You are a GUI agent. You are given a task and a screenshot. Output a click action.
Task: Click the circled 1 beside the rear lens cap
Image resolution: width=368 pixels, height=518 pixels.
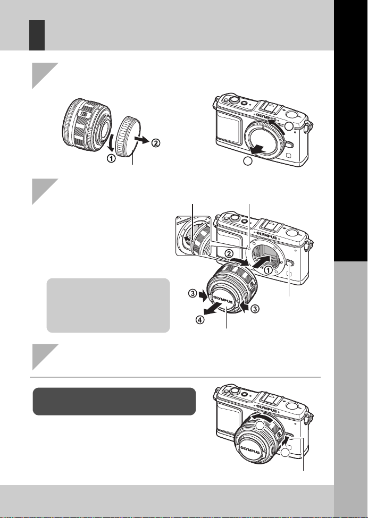coord(111,158)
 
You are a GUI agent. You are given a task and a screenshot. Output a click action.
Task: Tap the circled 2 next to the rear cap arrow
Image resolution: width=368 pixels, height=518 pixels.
coord(156,143)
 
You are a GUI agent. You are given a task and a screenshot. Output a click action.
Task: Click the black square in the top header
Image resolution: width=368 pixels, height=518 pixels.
coord(37,35)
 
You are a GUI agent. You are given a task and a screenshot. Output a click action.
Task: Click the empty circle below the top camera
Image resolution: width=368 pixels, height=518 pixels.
coord(248,161)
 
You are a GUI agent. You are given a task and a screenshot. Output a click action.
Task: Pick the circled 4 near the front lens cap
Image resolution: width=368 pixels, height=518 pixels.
coord(200,320)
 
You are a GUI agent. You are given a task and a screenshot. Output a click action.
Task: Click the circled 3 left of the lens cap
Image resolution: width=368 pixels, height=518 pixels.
coord(193,293)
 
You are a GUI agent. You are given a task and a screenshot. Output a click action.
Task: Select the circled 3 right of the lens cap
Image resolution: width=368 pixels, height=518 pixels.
coord(255,309)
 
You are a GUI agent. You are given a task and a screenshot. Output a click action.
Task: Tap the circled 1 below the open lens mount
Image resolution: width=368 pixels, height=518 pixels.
coord(269,270)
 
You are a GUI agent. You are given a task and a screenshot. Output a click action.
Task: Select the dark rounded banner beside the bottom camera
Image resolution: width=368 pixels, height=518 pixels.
coord(114,402)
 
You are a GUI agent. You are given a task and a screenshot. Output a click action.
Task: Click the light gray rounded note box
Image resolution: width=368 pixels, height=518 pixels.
coord(108,305)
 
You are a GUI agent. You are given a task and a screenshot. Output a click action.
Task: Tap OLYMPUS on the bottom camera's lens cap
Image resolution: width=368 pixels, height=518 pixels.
coord(250,450)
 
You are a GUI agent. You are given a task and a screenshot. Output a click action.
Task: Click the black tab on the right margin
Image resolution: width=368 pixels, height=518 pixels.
coord(351,131)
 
